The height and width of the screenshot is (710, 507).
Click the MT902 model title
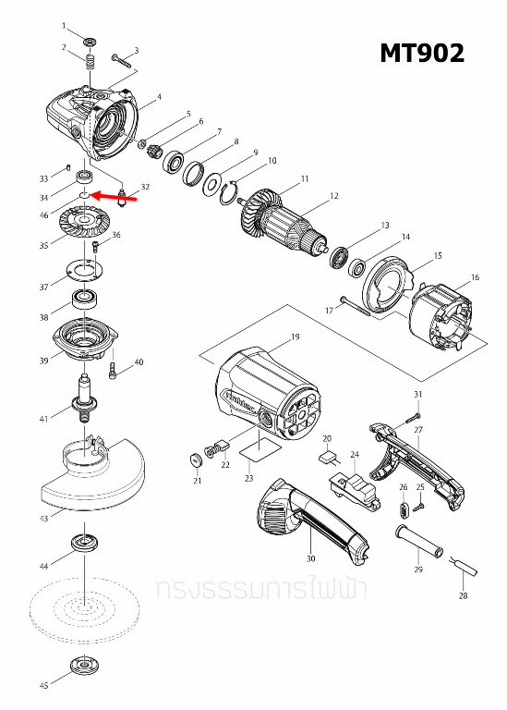pos(422,54)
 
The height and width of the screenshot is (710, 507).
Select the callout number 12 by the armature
pos(334,196)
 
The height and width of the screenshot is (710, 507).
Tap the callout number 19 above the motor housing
pos(295,337)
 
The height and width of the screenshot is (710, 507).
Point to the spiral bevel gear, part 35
pos(83,226)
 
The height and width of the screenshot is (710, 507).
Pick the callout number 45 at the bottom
pos(43,686)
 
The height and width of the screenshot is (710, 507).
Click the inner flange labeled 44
pos(84,542)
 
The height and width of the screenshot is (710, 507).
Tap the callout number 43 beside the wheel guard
pos(43,520)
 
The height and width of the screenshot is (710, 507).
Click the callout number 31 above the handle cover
pos(416,395)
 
